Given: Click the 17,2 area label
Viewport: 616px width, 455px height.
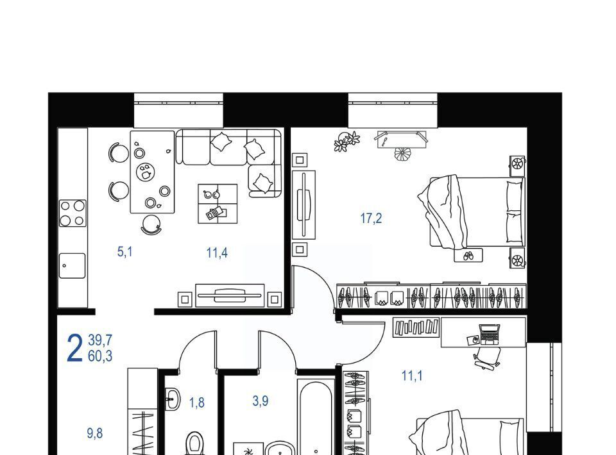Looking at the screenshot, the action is [x=371, y=218].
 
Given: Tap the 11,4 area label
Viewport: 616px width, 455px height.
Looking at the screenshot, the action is [x=217, y=253].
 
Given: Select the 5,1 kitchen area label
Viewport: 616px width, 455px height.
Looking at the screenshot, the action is [x=125, y=251].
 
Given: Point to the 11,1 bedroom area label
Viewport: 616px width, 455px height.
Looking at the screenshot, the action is [x=412, y=376].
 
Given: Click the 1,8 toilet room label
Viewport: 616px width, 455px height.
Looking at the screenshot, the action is [x=197, y=402].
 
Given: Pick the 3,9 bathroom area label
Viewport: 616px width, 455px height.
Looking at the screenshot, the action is [x=261, y=401].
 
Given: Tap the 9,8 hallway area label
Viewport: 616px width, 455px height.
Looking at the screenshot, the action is [x=95, y=433].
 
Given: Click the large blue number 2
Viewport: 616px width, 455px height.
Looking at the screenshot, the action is [x=74, y=349].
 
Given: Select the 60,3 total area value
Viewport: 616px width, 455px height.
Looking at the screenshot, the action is [x=100, y=356].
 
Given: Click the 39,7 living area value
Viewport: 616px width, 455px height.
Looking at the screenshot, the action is [x=100, y=340].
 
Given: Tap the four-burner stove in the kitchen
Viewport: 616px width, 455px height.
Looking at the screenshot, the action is [x=73, y=213].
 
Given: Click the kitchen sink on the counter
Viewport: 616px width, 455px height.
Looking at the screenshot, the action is [x=73, y=265].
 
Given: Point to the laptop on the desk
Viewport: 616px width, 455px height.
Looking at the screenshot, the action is [x=490, y=334].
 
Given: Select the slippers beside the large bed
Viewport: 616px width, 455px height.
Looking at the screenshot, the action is [x=468, y=256].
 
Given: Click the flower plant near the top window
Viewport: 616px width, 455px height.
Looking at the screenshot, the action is [x=346, y=141].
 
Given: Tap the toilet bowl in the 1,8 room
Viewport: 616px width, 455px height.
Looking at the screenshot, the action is [x=194, y=443].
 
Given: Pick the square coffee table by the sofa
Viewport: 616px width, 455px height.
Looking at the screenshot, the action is [x=218, y=204].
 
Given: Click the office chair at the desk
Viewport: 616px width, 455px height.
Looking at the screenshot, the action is [x=488, y=358].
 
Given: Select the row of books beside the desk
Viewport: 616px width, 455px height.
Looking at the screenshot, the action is [x=416, y=327].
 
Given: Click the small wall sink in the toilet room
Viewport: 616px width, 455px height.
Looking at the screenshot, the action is [x=172, y=399].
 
